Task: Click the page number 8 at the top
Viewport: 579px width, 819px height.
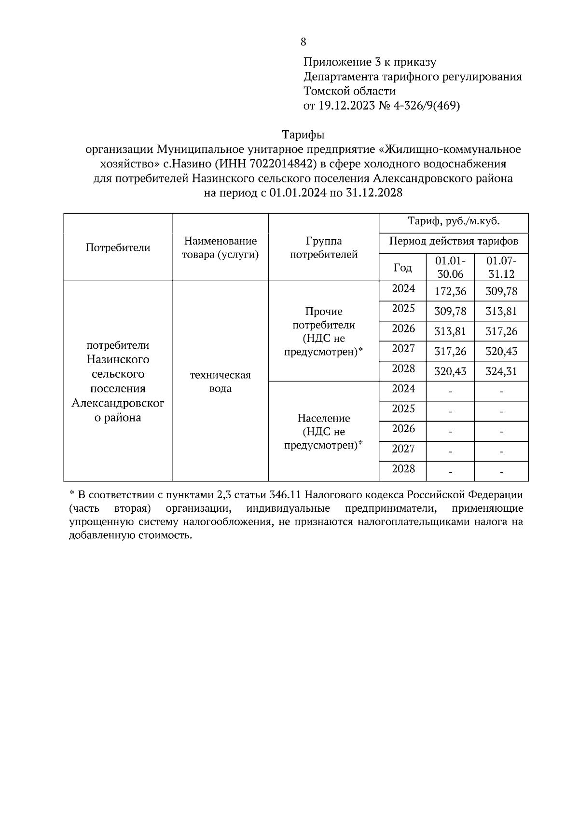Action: (303, 42)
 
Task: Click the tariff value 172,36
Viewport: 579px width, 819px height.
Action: (450, 291)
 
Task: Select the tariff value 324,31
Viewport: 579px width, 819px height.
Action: (501, 372)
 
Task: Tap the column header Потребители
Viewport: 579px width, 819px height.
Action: (118, 247)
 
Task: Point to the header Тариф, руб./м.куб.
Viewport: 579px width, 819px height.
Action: (454, 222)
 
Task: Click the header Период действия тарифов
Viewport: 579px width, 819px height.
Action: (454, 241)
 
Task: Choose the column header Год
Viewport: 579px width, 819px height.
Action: (402, 268)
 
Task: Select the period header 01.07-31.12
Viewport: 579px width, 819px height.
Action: (501, 267)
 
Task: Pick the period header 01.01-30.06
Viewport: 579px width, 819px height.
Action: (450, 267)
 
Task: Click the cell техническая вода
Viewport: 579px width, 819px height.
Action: (220, 382)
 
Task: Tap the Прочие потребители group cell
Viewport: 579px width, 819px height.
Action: (323, 331)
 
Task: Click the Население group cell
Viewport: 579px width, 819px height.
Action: (323, 431)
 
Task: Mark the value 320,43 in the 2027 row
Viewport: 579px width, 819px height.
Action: (501, 352)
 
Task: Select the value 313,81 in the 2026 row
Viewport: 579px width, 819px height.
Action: (450, 331)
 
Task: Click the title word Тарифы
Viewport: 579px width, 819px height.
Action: (303, 135)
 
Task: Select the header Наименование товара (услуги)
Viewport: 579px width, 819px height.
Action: (220, 247)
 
